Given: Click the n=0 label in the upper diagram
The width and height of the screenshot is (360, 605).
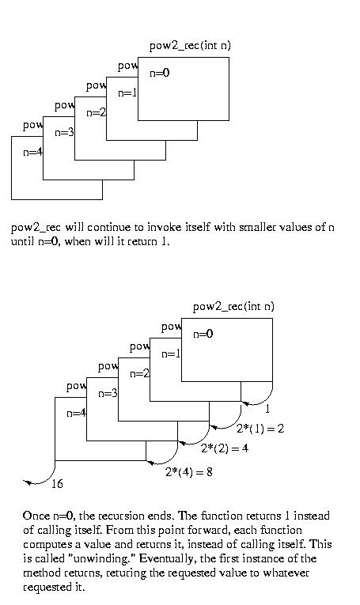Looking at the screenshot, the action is tap(159, 73).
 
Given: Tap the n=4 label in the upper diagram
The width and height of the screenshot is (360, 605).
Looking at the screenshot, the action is tap(32, 152).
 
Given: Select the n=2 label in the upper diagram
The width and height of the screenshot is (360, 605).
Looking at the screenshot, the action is tap(96, 112).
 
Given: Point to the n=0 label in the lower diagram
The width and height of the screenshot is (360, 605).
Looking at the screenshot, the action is tap(203, 334).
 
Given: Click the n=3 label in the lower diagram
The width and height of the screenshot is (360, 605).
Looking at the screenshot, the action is tap(108, 393).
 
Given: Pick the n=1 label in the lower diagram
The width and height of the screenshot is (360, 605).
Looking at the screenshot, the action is tap(171, 354).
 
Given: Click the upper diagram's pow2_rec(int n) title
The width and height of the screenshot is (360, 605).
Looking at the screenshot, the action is tap(190, 46).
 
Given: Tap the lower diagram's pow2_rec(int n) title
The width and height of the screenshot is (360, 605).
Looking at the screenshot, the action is tap(233, 307).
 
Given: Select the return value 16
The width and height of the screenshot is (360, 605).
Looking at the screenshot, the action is tap(57, 483).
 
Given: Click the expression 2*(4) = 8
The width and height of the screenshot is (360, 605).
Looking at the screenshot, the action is tap(188, 471).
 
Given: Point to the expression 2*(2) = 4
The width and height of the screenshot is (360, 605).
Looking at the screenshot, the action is tap(225, 448).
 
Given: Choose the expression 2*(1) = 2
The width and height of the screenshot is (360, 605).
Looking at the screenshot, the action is tap(260, 429).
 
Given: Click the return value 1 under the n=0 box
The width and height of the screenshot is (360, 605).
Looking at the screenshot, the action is tap(267, 408).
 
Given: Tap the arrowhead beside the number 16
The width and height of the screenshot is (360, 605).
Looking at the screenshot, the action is tap(27, 482).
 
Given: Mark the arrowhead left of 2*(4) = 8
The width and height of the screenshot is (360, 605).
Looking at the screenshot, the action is tap(151, 462).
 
